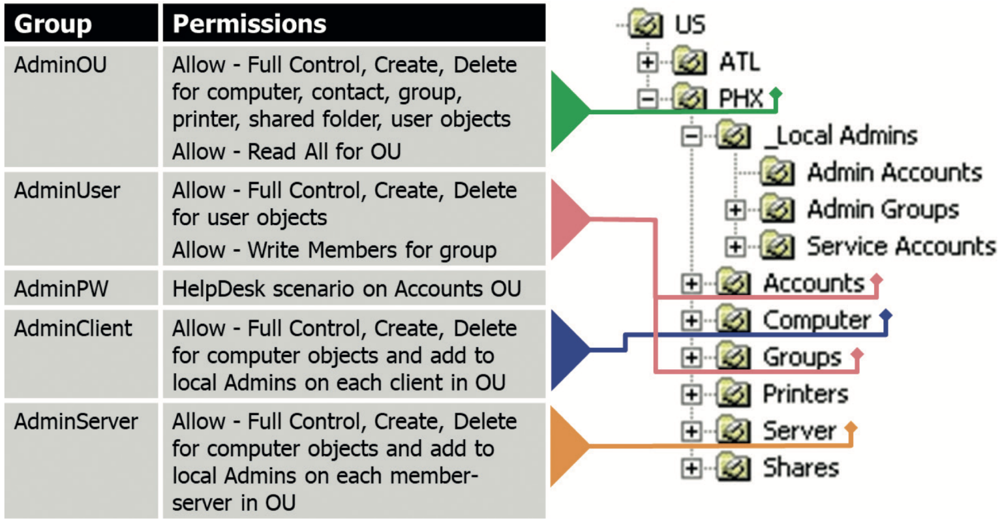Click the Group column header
click(53, 24)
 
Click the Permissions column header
click(249, 24)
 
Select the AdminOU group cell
click(60, 65)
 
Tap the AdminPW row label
click(61, 289)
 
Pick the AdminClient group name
click(73, 328)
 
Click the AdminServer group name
click(76, 422)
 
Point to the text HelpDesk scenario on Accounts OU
click(346, 289)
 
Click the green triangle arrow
click(568, 112)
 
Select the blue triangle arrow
click(568, 350)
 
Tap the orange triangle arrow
click(568, 446)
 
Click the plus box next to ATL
click(647, 62)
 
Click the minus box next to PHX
click(647, 99)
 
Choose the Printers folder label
click(805, 394)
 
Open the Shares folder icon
click(733, 468)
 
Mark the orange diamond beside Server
click(851, 428)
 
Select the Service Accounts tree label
click(901, 246)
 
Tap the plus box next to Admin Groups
click(735, 210)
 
